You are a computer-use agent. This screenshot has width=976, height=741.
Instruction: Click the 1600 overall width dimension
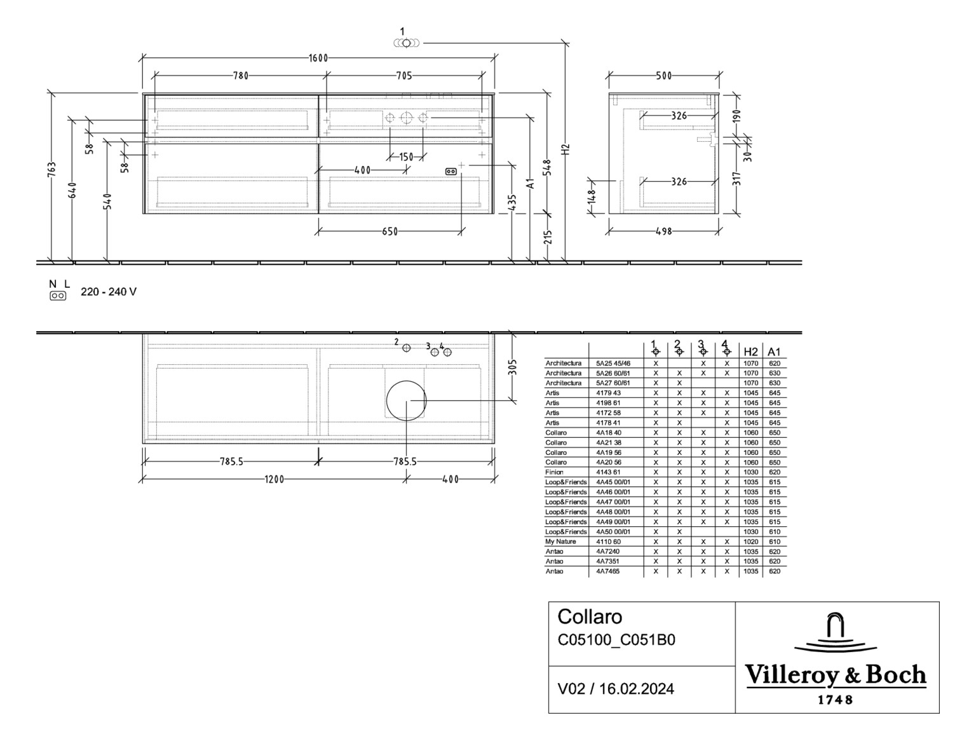point(318,58)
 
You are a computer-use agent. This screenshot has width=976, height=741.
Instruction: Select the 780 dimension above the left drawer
point(240,76)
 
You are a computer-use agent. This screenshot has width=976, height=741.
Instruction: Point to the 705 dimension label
point(403,76)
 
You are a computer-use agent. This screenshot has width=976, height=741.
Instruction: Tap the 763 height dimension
point(52,170)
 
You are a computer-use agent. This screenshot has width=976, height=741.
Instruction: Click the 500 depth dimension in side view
point(664,76)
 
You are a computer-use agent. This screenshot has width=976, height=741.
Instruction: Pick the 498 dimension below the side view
point(663,231)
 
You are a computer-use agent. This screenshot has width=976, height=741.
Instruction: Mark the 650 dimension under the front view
point(390,231)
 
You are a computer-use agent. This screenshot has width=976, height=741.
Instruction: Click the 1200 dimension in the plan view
point(274,479)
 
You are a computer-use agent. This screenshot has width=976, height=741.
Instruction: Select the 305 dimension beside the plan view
point(513,367)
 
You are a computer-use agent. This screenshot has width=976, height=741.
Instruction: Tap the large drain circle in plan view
point(406,400)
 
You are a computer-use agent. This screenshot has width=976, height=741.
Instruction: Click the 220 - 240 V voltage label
point(108,292)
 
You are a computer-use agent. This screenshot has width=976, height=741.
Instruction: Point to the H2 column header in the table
point(750,351)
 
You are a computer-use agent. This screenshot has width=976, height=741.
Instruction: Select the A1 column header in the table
point(774,351)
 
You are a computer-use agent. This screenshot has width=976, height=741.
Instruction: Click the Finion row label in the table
point(554,472)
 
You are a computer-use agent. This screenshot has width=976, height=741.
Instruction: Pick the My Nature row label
point(560,541)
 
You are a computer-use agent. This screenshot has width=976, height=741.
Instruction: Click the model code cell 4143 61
point(608,472)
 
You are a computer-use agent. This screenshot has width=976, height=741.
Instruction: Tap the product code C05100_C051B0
point(616,640)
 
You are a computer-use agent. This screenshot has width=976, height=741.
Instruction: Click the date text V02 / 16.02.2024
point(616,689)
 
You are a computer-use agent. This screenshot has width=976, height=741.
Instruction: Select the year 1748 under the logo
point(836,700)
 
